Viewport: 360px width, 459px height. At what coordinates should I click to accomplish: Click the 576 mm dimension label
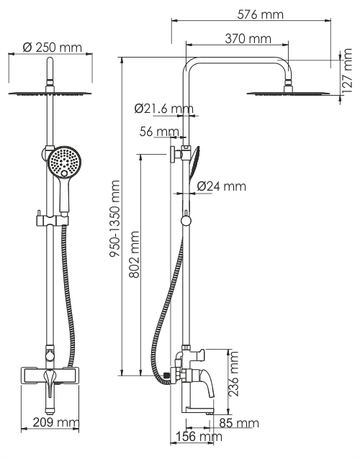point(260,14)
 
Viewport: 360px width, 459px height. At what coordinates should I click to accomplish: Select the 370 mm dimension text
point(248,39)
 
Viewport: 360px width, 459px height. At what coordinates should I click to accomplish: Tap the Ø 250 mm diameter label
point(52,47)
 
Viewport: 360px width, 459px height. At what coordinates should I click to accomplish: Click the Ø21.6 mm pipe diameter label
point(164,109)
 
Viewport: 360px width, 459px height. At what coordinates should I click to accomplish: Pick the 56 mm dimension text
point(159,132)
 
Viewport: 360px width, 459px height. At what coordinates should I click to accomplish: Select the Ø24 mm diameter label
point(222,186)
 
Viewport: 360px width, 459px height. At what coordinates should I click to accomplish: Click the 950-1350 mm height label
point(114,219)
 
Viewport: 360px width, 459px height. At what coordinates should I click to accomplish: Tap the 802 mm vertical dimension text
point(134,255)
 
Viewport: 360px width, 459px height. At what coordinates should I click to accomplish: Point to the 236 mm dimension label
point(233,374)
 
